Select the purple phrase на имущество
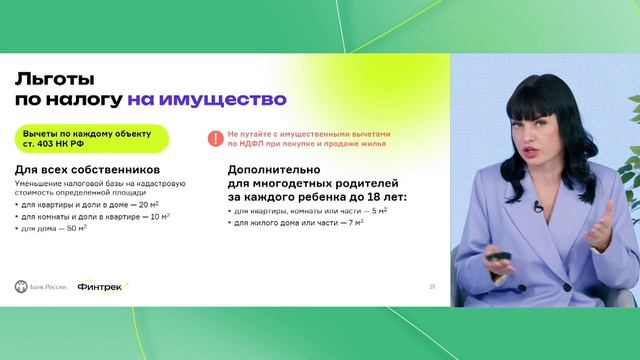click(206, 100)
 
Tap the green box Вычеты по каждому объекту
click(77, 139)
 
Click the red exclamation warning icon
click(213, 140)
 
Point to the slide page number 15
click(432, 287)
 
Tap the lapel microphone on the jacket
click(538, 206)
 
